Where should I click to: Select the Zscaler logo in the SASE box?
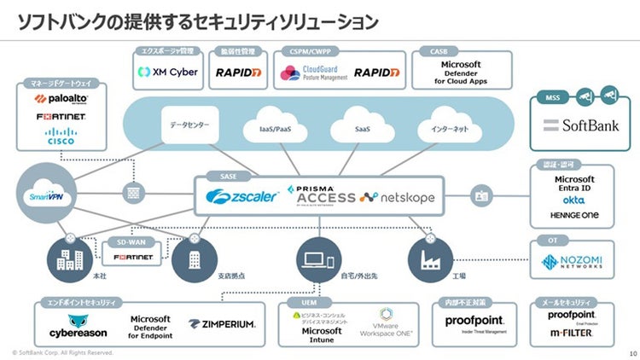(242, 197)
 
